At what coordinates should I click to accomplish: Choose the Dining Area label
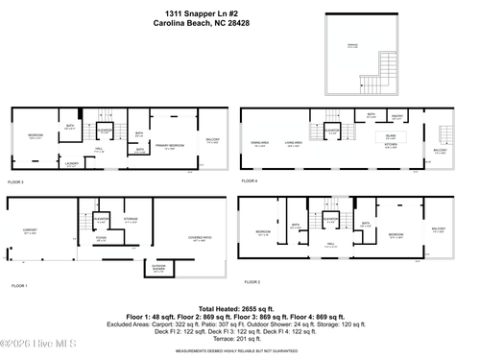point(259,143)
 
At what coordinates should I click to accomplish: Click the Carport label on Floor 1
point(30,230)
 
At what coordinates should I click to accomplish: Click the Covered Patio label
point(200,238)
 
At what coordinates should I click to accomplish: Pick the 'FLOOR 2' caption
point(252,282)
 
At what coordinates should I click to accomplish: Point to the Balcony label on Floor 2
point(438,230)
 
